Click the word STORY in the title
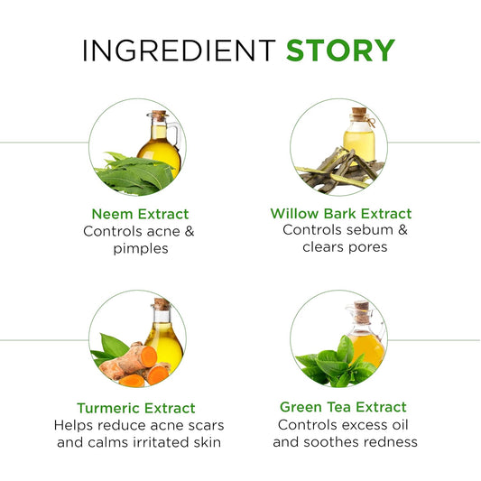point(340,50)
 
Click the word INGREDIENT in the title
point(180,50)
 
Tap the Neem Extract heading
point(140,214)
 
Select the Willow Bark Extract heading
point(341,214)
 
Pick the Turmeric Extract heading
point(136,408)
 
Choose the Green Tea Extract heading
point(343,407)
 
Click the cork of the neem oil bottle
point(159,116)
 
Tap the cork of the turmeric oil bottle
point(162,304)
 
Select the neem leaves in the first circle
point(135,173)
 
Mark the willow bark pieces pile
point(340,171)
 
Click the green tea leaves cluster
point(336,364)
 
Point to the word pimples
point(141,248)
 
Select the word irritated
point(161,442)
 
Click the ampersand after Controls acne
point(190,231)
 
